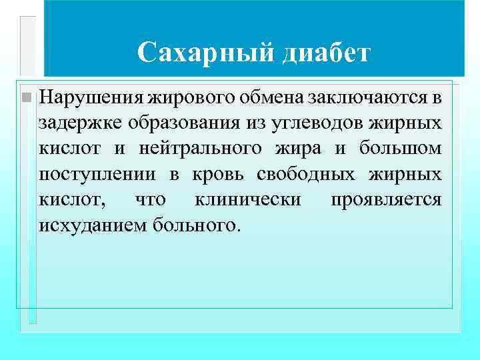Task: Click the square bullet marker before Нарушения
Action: [26, 98]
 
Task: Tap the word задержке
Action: [75, 123]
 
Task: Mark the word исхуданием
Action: [93, 225]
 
